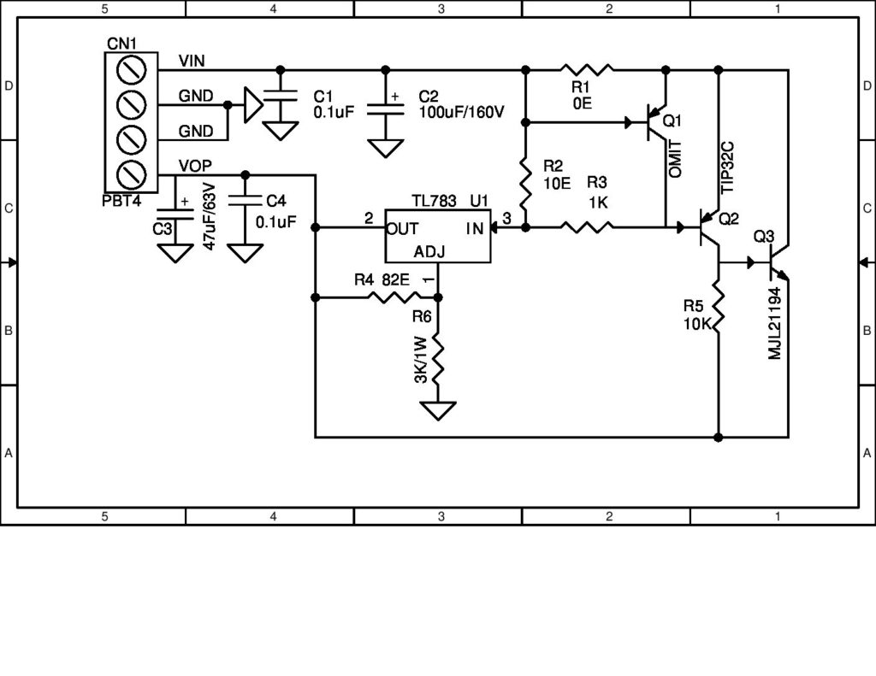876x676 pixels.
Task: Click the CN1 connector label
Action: (121, 44)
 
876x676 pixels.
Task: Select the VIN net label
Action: (192, 60)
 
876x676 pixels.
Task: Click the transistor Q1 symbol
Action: (654, 122)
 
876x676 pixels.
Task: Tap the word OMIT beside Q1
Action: (677, 158)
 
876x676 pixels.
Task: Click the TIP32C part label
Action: (728, 165)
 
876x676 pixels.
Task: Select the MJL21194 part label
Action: (775, 323)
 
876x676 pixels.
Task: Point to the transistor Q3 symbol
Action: (776, 263)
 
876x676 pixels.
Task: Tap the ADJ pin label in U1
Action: (429, 252)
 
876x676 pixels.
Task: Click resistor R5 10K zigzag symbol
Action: (719, 309)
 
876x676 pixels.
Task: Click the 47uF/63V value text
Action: (209, 220)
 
